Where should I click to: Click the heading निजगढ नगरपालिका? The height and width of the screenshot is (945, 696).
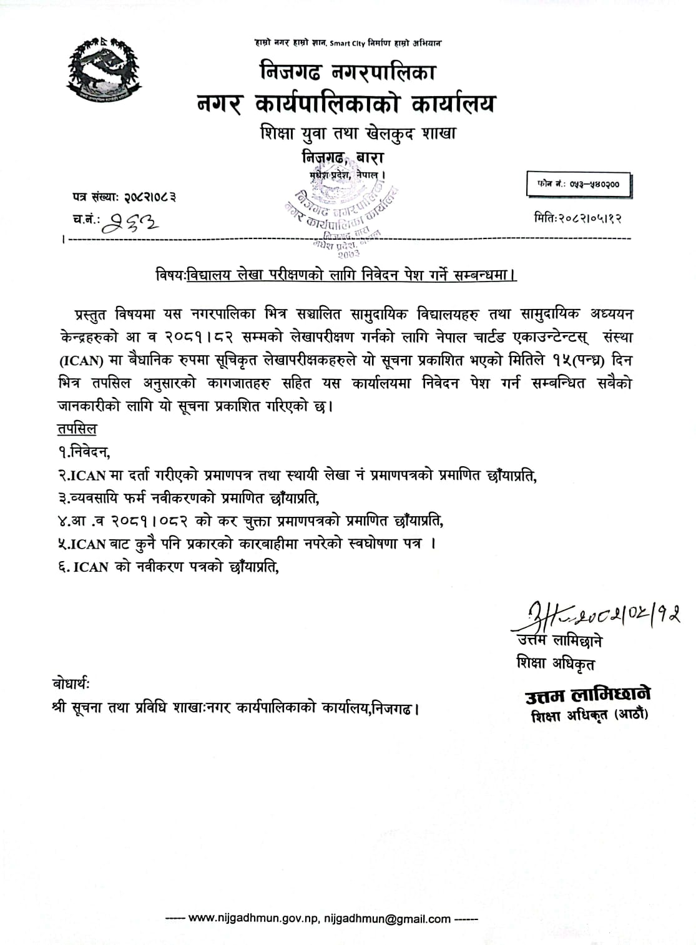(x=348, y=72)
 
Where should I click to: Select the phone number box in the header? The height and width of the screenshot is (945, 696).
(x=578, y=185)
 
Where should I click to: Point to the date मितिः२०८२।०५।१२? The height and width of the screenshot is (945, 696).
(x=578, y=218)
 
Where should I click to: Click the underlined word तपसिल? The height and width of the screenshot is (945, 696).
(x=77, y=429)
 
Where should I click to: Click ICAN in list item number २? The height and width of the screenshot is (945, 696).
(x=88, y=476)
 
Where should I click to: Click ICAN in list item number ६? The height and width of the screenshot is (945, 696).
(x=91, y=567)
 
